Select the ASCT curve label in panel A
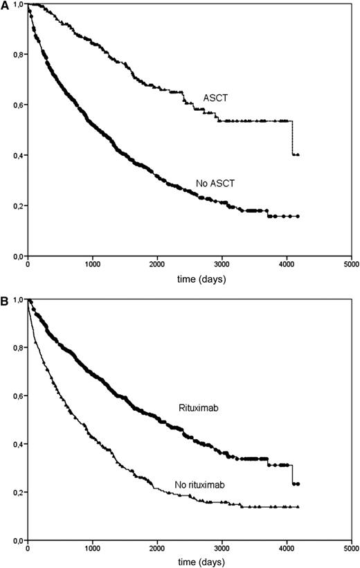click(215, 98)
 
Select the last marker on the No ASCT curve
click(298, 216)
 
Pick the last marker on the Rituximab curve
click(298, 483)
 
